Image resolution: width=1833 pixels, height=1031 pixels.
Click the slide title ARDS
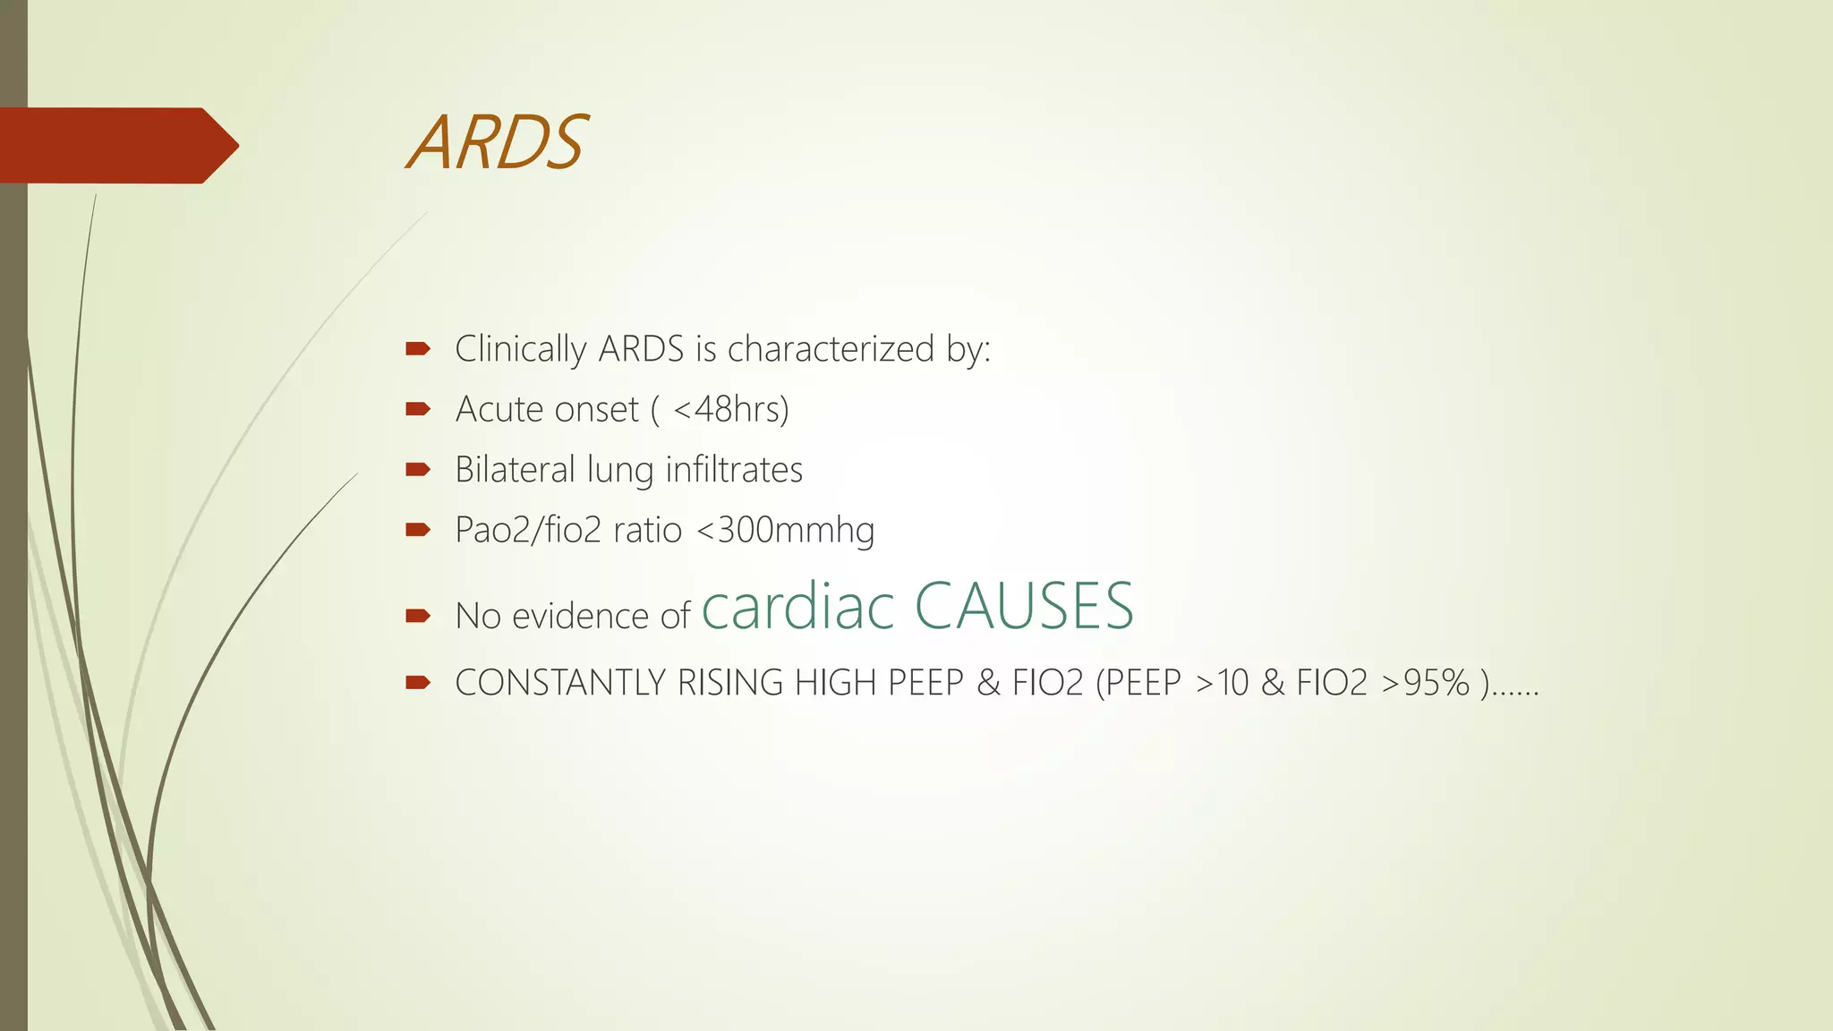pyautogui.click(x=497, y=143)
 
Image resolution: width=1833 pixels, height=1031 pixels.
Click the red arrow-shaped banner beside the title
pyautogui.click(x=116, y=145)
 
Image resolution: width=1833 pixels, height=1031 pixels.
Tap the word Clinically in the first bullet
pyautogui.click(x=520, y=349)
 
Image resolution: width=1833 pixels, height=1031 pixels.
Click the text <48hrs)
pyautogui.click(x=731, y=410)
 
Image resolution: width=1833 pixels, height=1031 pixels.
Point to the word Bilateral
pyautogui.click(x=515, y=470)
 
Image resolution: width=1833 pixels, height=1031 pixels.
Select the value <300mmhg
pyautogui.click(x=785, y=530)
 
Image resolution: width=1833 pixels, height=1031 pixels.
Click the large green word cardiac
pyautogui.click(x=797, y=606)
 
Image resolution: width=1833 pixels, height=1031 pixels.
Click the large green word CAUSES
pyautogui.click(x=1024, y=606)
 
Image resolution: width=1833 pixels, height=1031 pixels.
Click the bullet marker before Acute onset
pyautogui.click(x=418, y=410)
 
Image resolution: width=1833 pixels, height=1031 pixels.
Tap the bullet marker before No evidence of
pyautogui.click(x=418, y=616)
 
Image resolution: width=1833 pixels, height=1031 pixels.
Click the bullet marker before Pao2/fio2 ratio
pyautogui.click(x=418, y=530)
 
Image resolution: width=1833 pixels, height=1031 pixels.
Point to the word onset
pyautogui.click(x=597, y=410)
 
